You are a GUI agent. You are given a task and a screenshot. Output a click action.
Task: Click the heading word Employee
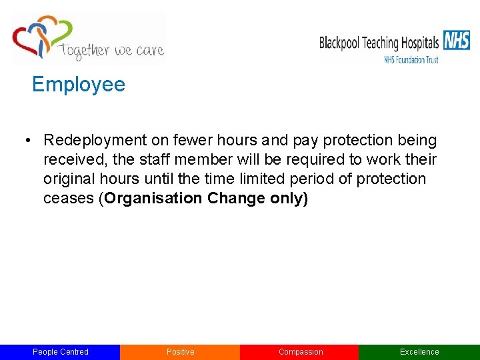coord(78,85)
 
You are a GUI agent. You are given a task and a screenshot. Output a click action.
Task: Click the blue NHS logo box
coord(457,41)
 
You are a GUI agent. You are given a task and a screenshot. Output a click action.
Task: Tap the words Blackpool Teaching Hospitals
coord(379,43)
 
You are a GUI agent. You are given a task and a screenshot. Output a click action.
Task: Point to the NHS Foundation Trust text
coord(411,59)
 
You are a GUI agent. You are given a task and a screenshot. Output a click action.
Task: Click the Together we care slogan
coord(111,50)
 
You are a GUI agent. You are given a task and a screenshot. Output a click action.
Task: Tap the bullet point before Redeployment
coord(28,141)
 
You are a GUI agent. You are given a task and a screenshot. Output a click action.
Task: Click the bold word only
coord(288,199)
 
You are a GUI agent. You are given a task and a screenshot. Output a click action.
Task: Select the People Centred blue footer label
coord(61,352)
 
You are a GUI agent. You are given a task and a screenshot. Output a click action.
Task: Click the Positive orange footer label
coord(180,352)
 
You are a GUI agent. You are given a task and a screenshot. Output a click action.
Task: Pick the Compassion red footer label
coord(301,352)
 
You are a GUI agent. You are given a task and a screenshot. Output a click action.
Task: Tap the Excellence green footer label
coord(419,352)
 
